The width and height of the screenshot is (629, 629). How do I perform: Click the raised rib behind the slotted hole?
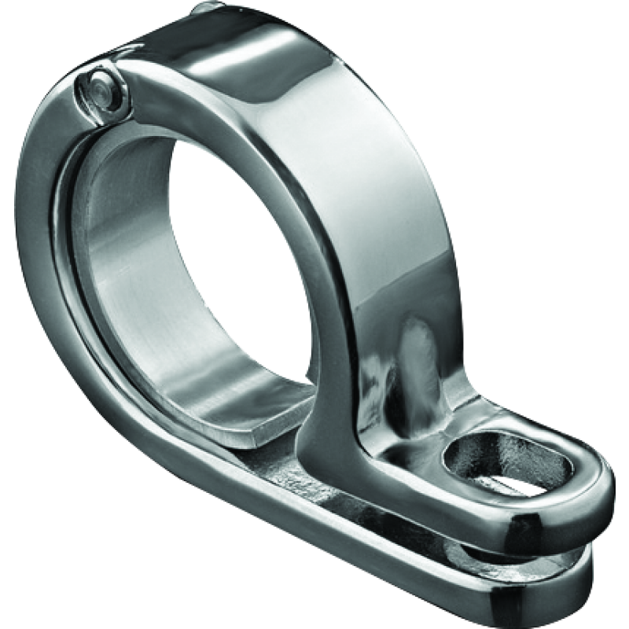coord(417,370)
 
